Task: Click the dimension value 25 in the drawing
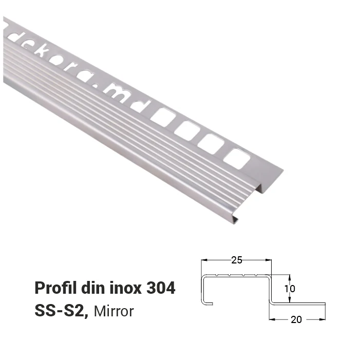236,260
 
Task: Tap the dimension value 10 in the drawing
290,289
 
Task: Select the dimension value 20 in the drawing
296,319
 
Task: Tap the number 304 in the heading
161,288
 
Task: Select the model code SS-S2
61,311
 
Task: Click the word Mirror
113,311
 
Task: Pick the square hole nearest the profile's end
237,159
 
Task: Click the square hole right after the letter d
163,118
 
